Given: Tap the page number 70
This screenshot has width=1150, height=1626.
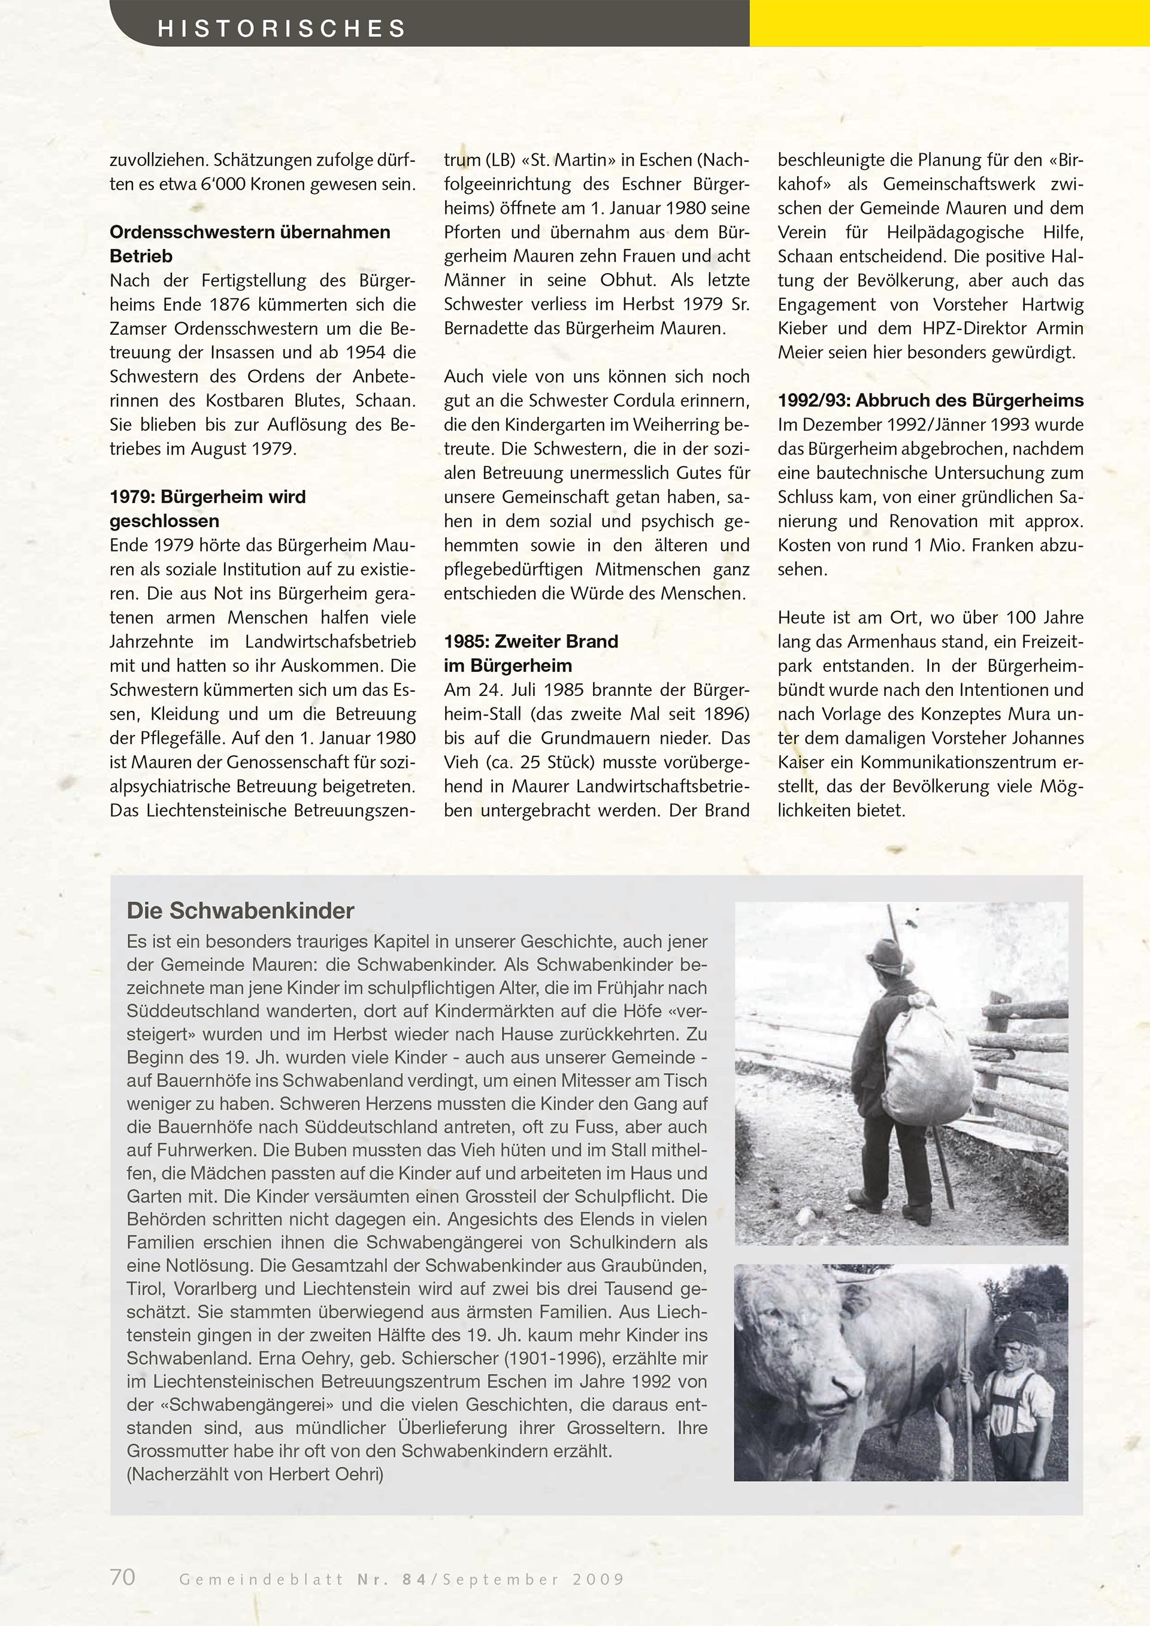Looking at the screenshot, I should point(123,1576).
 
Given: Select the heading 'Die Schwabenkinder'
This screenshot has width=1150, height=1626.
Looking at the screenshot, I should point(240,911).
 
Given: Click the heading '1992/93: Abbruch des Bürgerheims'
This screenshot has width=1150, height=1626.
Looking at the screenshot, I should point(930,401).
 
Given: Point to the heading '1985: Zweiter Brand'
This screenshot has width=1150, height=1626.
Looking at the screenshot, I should point(531,641).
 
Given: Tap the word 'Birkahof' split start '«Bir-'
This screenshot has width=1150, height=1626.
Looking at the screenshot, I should point(1061,160).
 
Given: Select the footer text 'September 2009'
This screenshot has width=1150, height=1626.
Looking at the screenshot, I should point(533,1579).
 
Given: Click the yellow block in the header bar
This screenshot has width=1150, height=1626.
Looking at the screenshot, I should point(949,23).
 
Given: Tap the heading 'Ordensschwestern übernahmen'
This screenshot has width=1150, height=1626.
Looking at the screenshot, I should point(250,232).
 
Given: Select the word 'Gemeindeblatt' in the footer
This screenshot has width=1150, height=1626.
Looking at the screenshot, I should point(261,1579).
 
